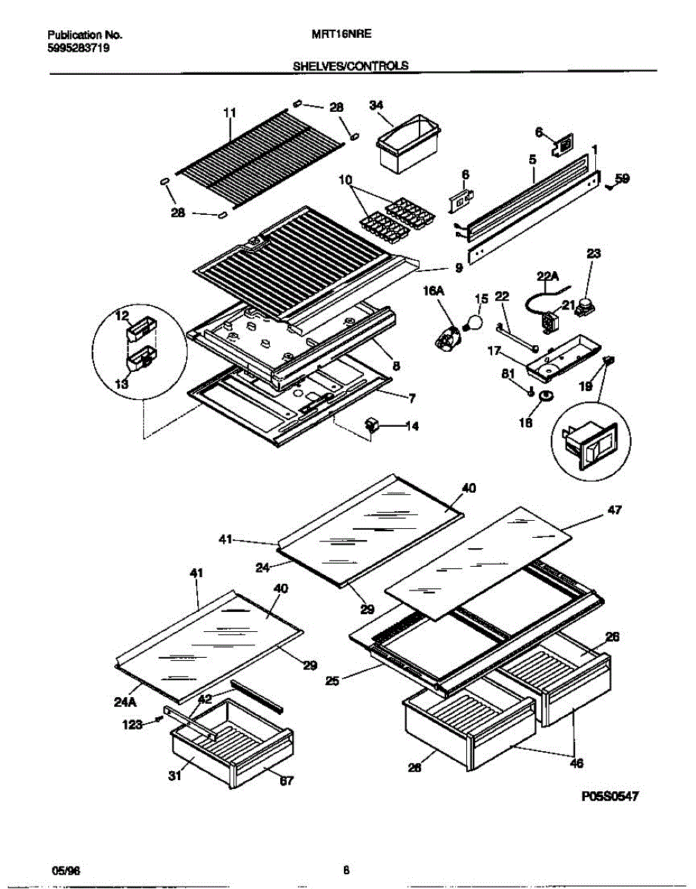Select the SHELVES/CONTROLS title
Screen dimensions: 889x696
[x=351, y=65]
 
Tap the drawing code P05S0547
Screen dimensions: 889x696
[x=609, y=796]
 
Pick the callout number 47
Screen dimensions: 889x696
[x=614, y=510]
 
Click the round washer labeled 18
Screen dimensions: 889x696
[x=547, y=398]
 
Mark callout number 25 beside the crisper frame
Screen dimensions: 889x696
[x=332, y=680]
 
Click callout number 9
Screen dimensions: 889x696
[x=459, y=268]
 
